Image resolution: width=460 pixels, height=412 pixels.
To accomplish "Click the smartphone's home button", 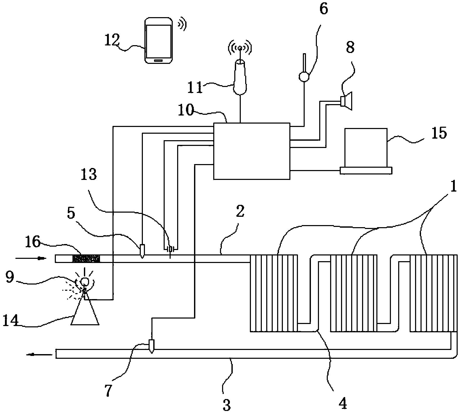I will click(158, 60).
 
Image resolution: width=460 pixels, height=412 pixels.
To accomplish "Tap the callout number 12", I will click(112, 40).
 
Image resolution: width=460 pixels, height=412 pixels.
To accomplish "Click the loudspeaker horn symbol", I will click(347, 101).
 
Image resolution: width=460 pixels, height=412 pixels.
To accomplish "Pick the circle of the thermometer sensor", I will click(304, 77).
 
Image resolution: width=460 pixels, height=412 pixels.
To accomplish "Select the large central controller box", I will click(251, 151).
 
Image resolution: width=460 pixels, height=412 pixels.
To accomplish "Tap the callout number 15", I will click(439, 133).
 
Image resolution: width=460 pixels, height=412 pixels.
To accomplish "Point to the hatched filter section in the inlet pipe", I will click(86, 259).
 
